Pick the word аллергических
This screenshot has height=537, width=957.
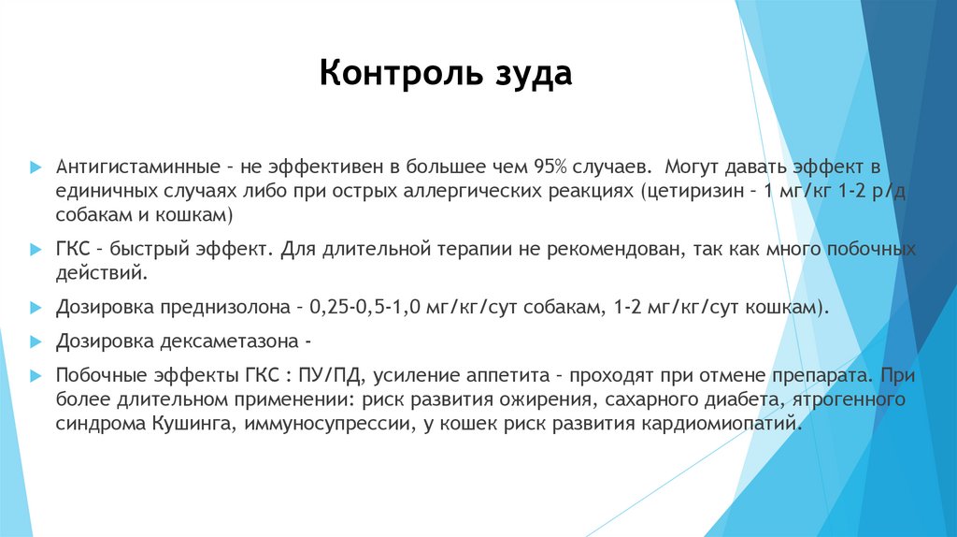coord(474,191)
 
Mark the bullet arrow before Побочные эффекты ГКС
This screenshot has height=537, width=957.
coord(35,377)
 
